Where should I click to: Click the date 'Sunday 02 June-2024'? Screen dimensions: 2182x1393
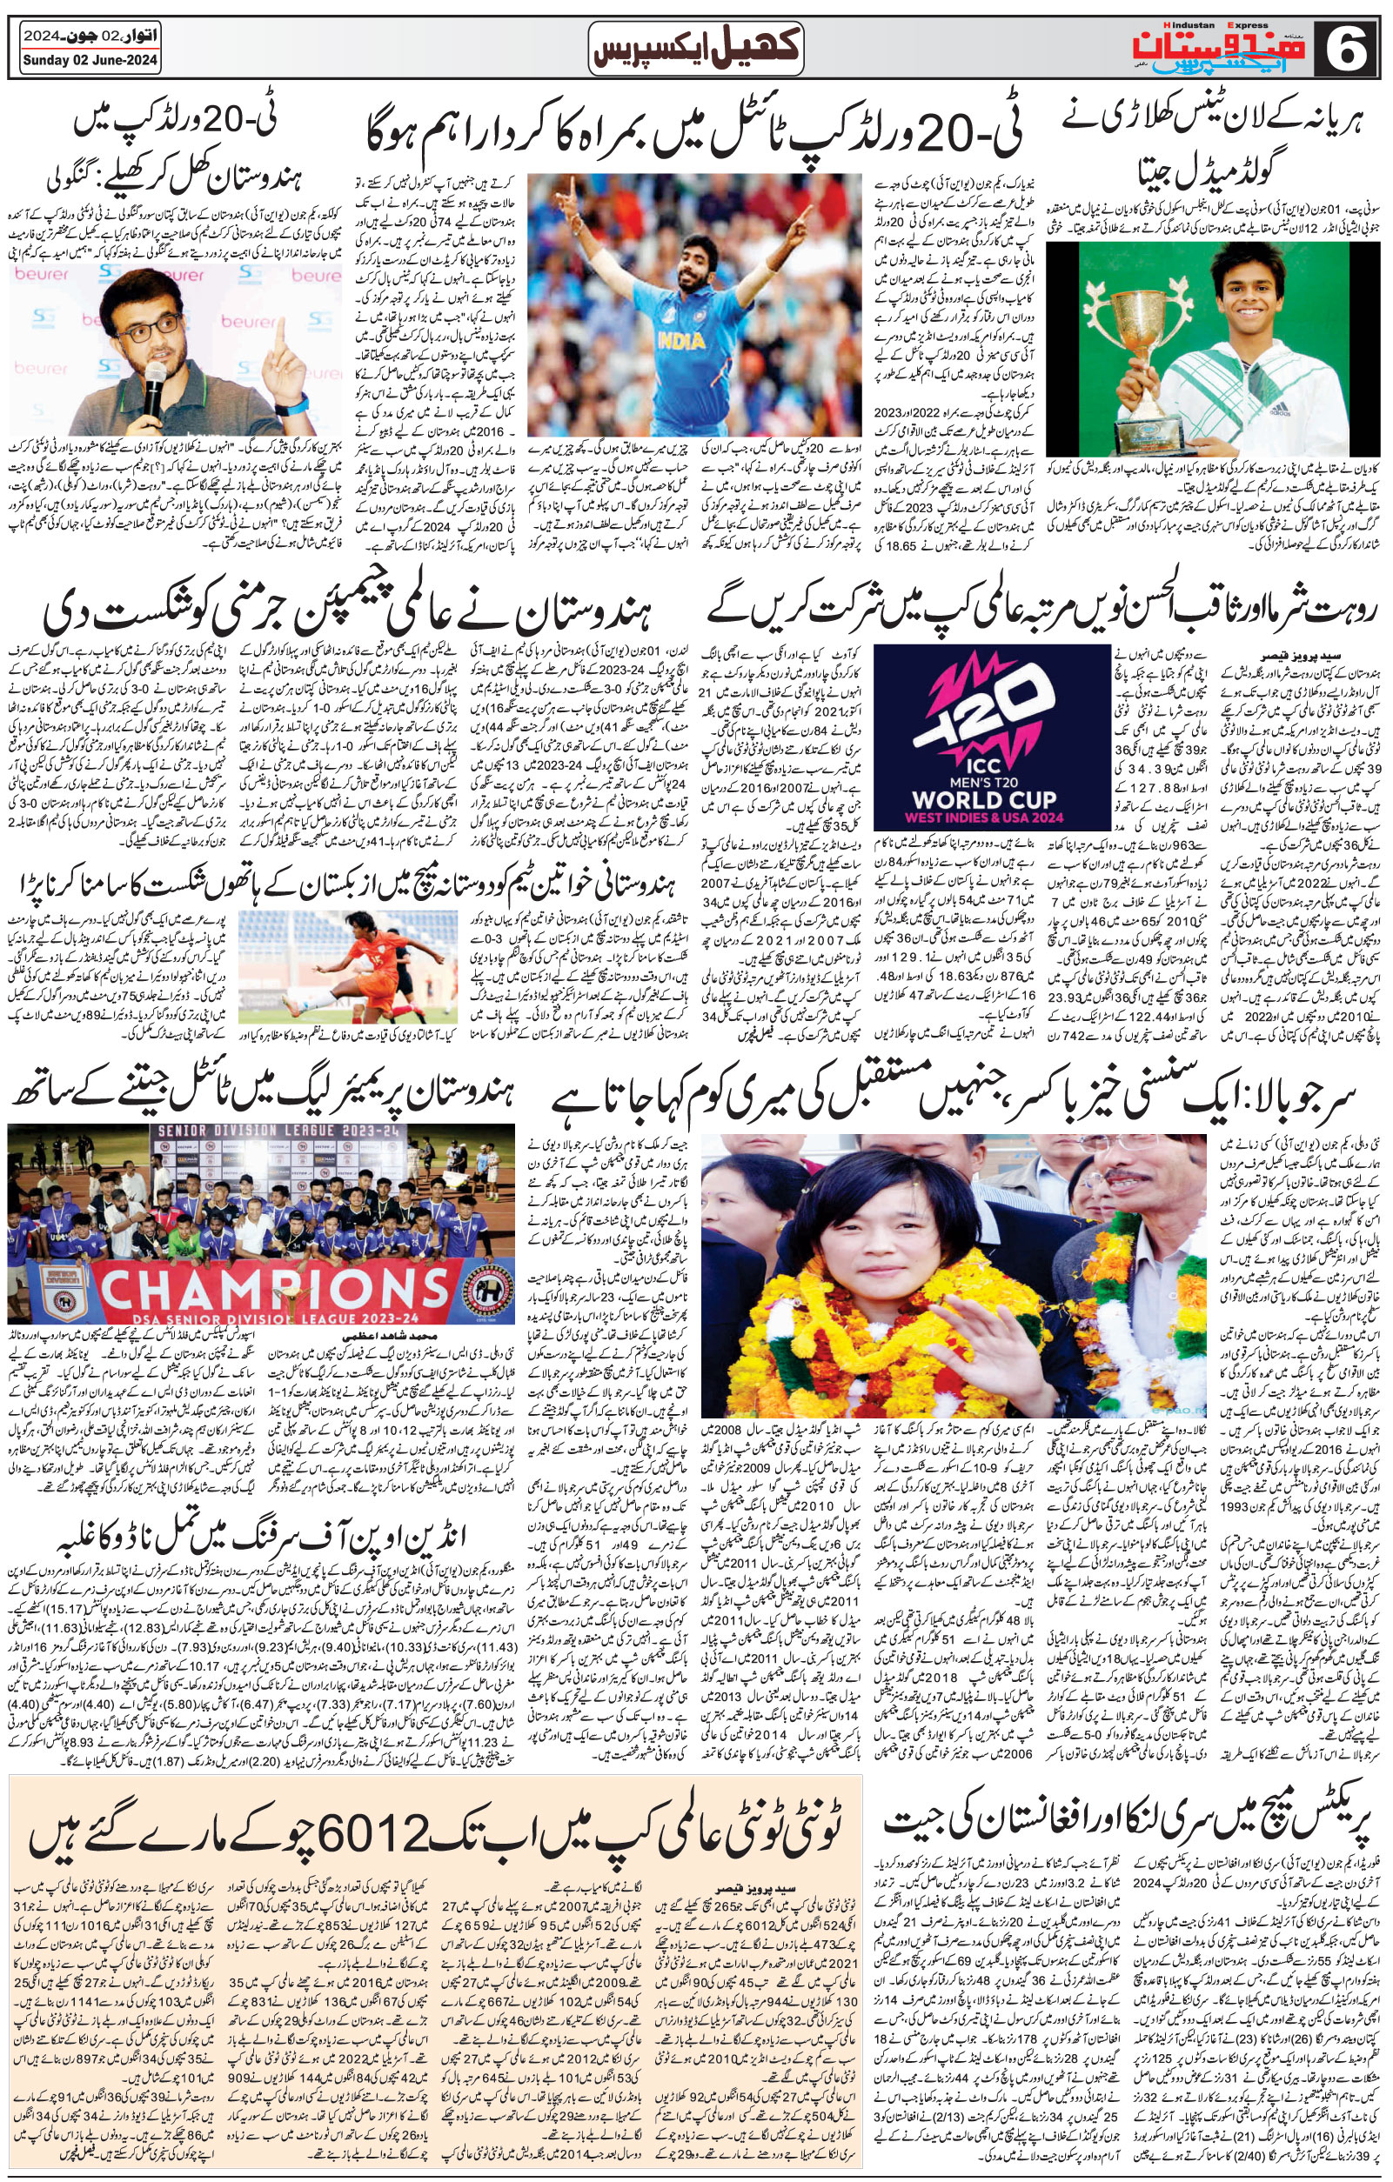[90, 61]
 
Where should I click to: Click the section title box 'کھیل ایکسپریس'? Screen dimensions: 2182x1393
[696, 48]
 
